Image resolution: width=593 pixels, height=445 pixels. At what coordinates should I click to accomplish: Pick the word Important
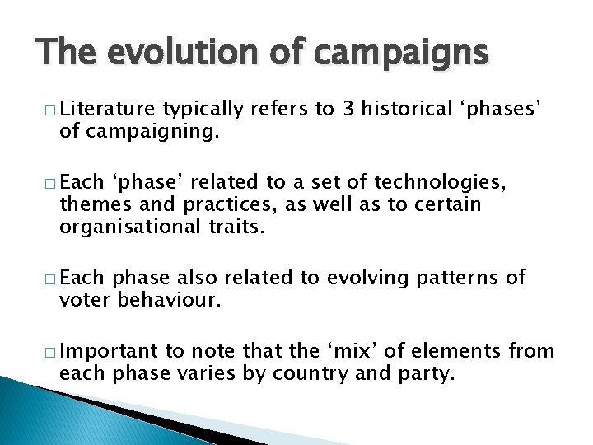click(110, 352)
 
